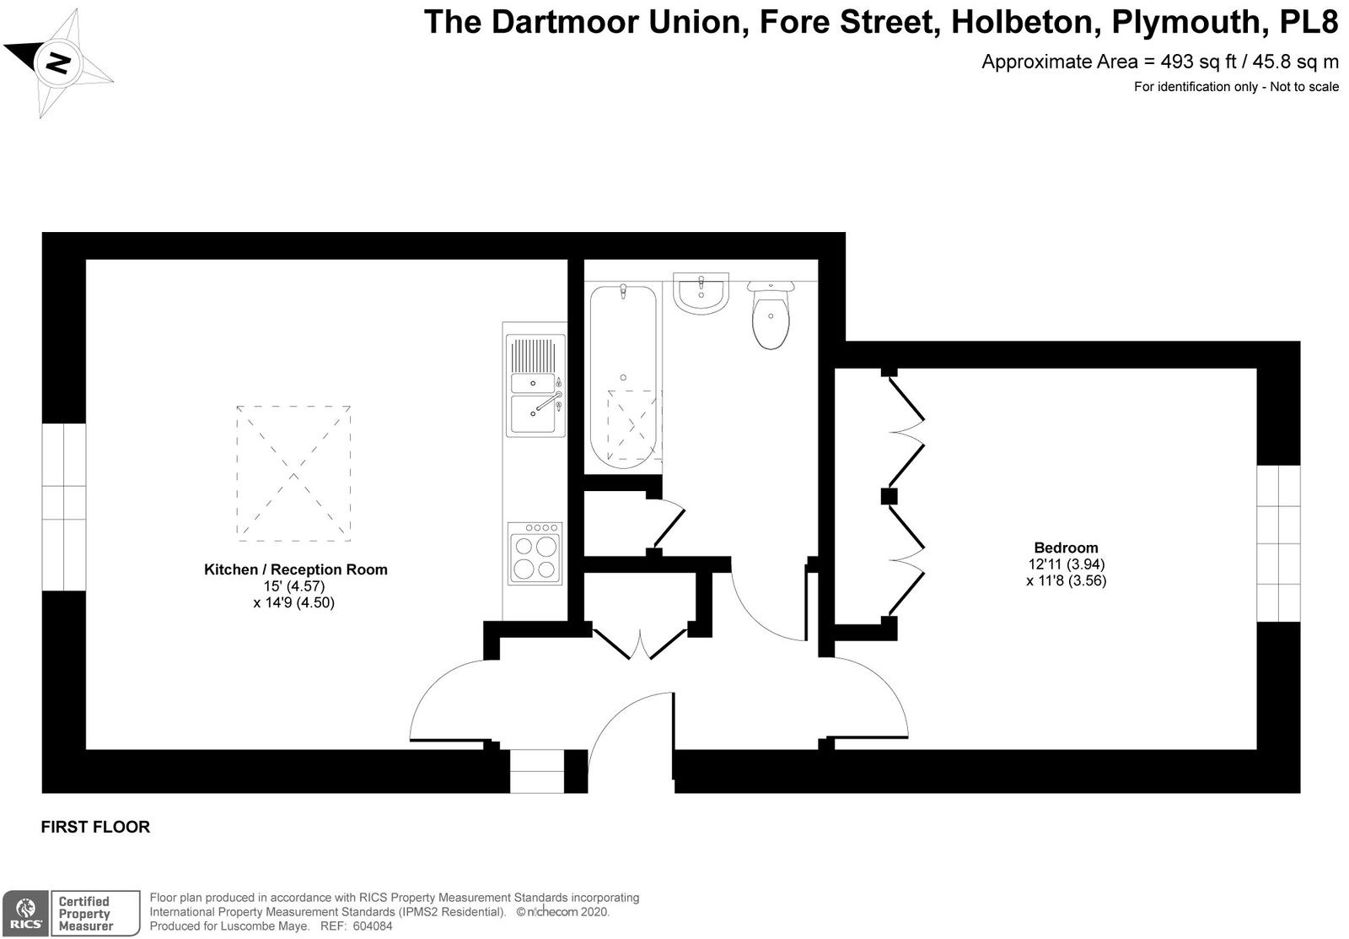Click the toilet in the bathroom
771,315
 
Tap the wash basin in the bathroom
701,294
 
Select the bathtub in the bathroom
623,376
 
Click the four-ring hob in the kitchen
535,553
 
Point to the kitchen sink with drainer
535,386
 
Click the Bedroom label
1066,548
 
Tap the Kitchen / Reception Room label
296,569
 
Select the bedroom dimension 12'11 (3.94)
1066,564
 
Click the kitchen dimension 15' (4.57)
294,586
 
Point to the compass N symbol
57,63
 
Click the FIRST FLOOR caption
95,827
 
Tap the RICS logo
25,913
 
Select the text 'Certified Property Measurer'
85,914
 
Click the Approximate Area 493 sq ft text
1160,62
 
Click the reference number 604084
372,926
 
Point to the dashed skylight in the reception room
293,473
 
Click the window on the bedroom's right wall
1278,543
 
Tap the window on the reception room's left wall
64,507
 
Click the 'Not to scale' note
1304,87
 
